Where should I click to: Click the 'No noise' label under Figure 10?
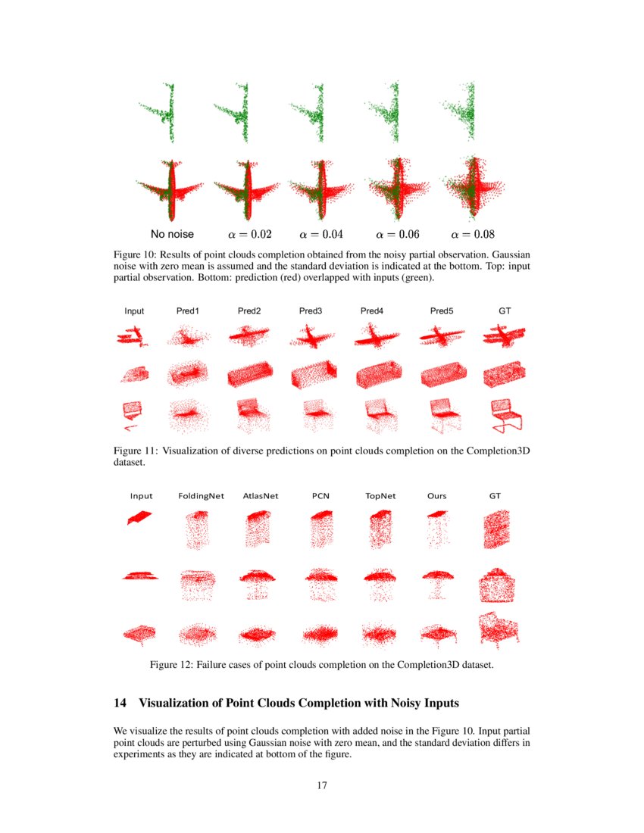pyautogui.click(x=172, y=234)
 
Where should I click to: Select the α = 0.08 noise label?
pyautogui.click(x=473, y=234)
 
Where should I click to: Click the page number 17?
pyautogui.click(x=321, y=785)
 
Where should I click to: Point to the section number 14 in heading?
pyautogui.click(x=120, y=704)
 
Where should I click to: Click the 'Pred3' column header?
pyautogui.click(x=311, y=311)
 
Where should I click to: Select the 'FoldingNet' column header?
pyautogui.click(x=201, y=496)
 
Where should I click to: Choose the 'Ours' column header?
pyautogui.click(x=437, y=496)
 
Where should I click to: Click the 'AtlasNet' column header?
pyautogui.click(x=261, y=496)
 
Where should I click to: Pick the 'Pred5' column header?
pyautogui.click(x=442, y=311)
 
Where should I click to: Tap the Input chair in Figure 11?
pyautogui.click(x=134, y=415)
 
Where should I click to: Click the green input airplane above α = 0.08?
pyautogui.click(x=464, y=114)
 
